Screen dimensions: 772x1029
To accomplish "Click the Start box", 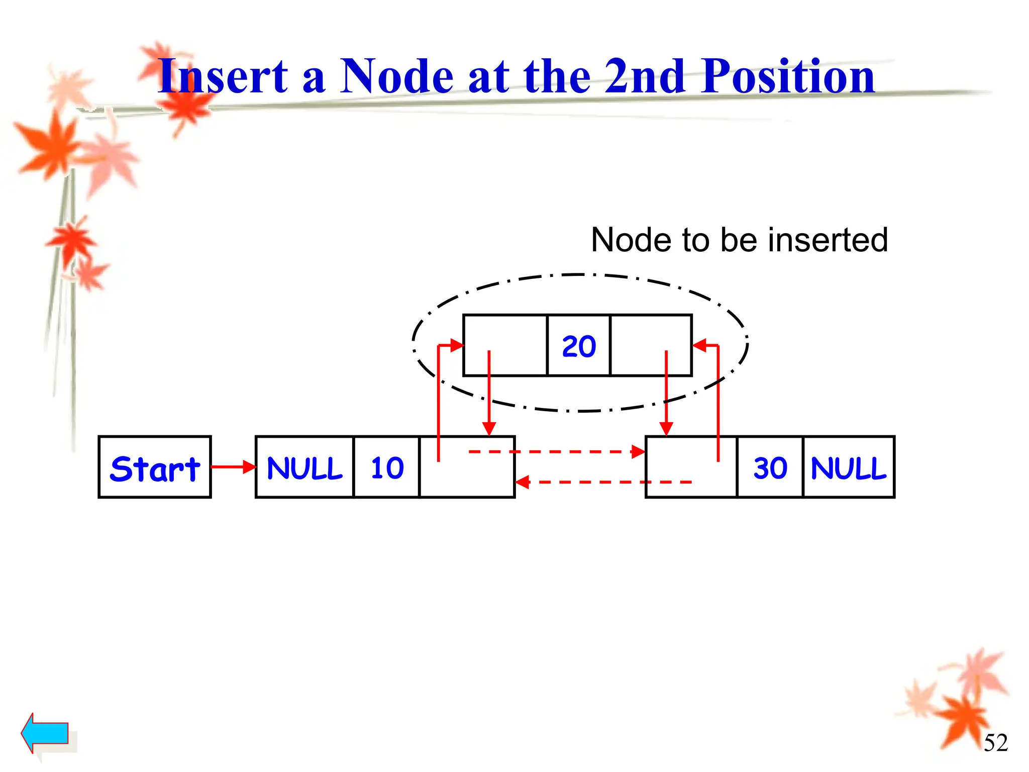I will pyautogui.click(x=155, y=467).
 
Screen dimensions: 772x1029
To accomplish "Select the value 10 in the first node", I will pyautogui.click(x=387, y=467).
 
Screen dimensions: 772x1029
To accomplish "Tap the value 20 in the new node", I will pyautogui.click(x=579, y=346).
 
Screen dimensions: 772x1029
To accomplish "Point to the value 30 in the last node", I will pyautogui.click(x=770, y=467).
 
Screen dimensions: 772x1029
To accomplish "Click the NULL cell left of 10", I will pyautogui.click(x=304, y=467).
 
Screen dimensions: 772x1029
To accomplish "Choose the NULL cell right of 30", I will pyautogui.click(x=849, y=467).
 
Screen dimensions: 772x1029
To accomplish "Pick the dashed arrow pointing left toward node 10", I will pyautogui.click(x=603, y=482).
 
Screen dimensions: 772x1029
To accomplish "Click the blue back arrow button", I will pyautogui.click(x=45, y=732).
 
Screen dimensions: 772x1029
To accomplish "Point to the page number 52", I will pyautogui.click(x=995, y=743).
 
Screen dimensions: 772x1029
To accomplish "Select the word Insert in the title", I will pyautogui.click(x=223, y=76).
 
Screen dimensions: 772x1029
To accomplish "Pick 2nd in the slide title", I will pyautogui.click(x=645, y=76).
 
